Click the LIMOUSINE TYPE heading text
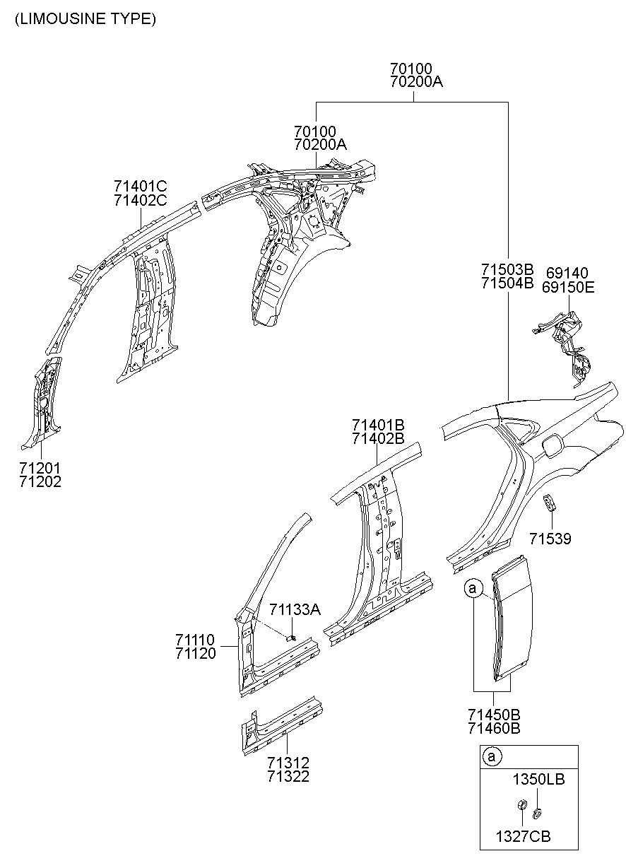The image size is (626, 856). click(85, 18)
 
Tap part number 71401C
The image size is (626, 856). click(140, 187)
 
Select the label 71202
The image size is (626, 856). click(40, 482)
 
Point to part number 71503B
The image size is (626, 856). click(507, 270)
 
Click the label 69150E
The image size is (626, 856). click(568, 287)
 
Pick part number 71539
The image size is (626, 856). click(550, 539)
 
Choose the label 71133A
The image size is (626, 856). click(295, 609)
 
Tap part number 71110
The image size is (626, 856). click(196, 639)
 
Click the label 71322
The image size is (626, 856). click(288, 777)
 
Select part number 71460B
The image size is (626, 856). click(495, 728)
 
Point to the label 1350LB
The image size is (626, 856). click(538, 779)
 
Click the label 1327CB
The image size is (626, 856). click(524, 836)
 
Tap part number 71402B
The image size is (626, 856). click(378, 439)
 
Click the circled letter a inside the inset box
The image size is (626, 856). click(492, 756)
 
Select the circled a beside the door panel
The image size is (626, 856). click(473, 587)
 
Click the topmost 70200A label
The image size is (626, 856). click(416, 82)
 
